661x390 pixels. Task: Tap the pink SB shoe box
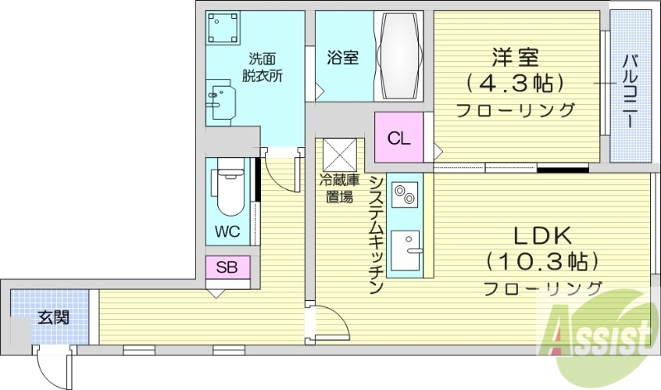[x=228, y=267]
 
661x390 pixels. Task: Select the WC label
[x=227, y=231]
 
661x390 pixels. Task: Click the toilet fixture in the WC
[x=228, y=192]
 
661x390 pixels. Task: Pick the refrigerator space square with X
[x=339, y=154]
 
